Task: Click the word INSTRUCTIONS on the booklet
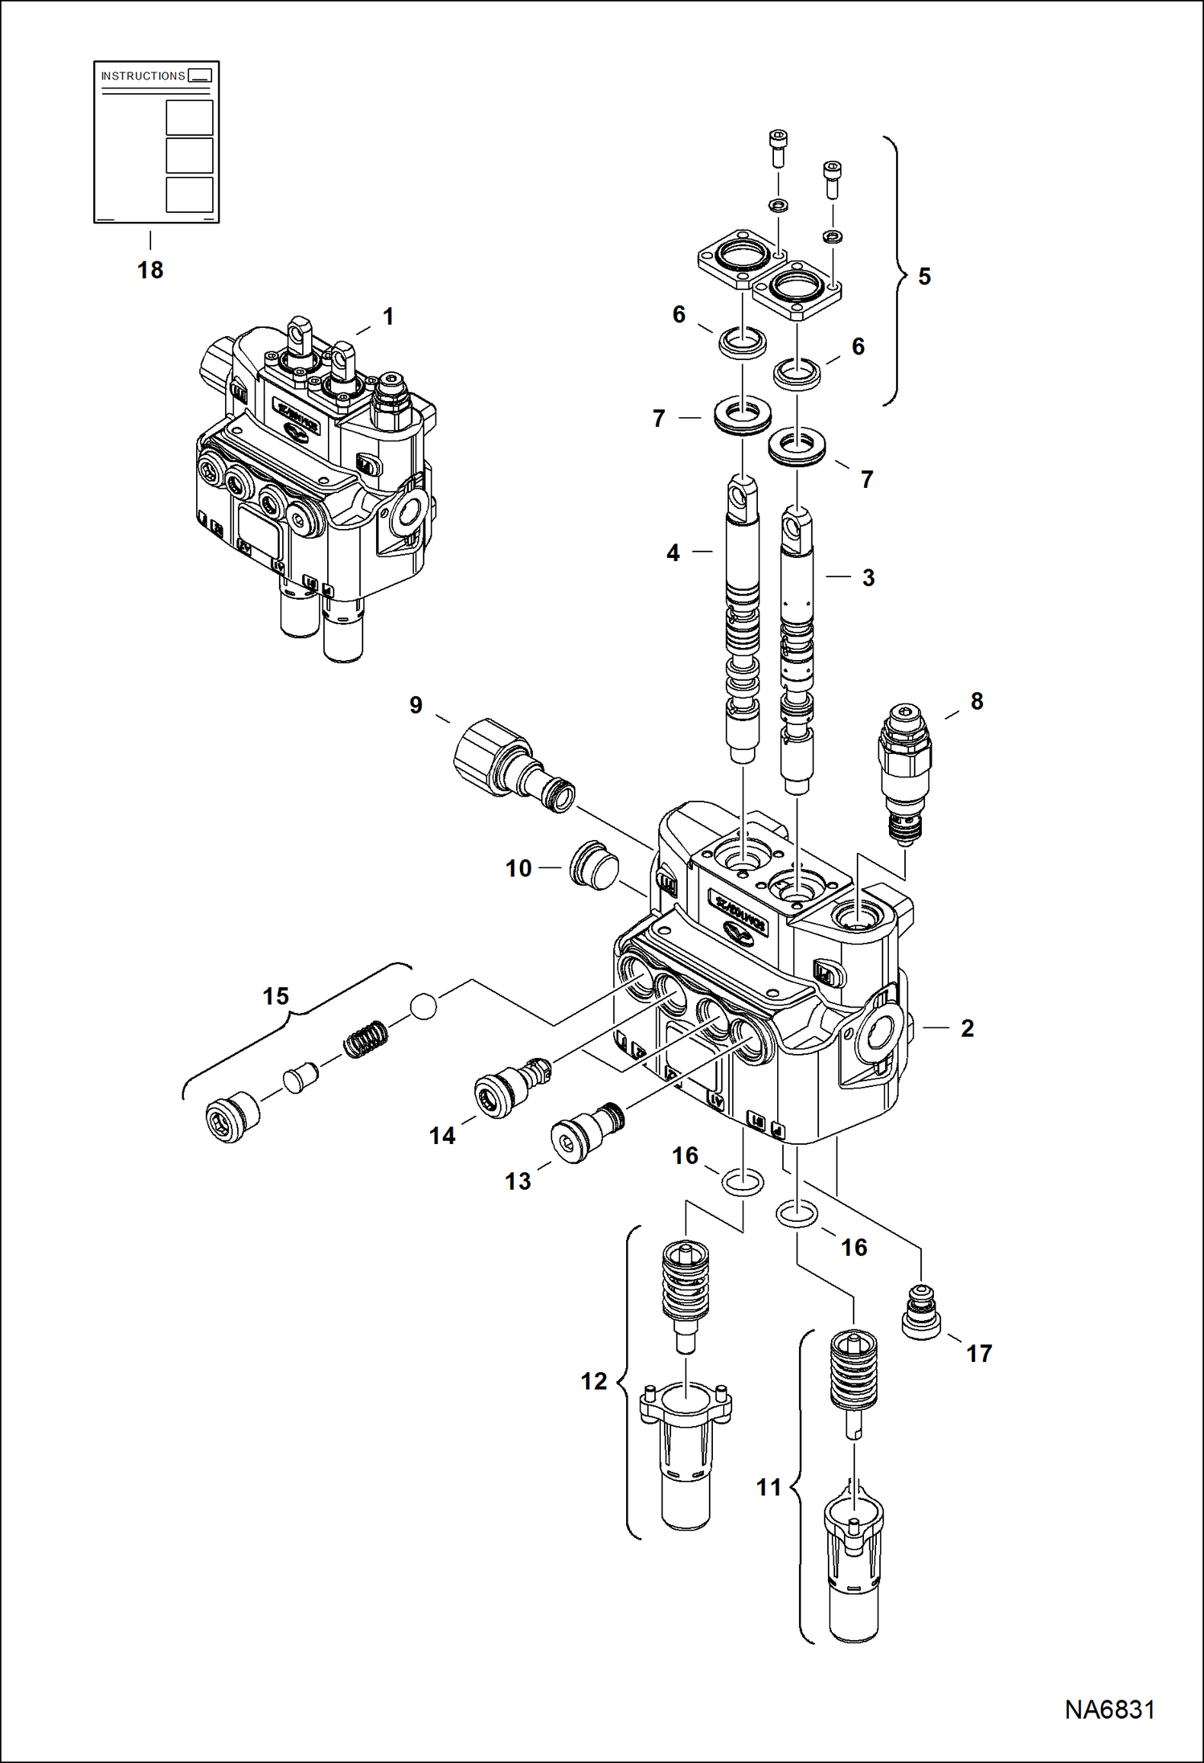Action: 143,76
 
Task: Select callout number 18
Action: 150,270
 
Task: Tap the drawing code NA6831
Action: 1109,1709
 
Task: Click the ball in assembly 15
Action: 424,1006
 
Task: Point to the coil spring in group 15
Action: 366,1039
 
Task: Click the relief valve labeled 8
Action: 906,772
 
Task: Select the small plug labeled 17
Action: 921,1313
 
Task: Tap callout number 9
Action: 416,705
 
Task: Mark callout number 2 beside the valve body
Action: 967,1028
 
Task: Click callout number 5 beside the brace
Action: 924,277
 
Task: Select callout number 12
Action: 594,1381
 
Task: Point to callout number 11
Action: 768,1487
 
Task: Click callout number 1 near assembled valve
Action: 388,317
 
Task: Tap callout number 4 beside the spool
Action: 673,553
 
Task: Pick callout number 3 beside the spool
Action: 868,577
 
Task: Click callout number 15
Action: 276,997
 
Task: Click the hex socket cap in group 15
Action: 232,1117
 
